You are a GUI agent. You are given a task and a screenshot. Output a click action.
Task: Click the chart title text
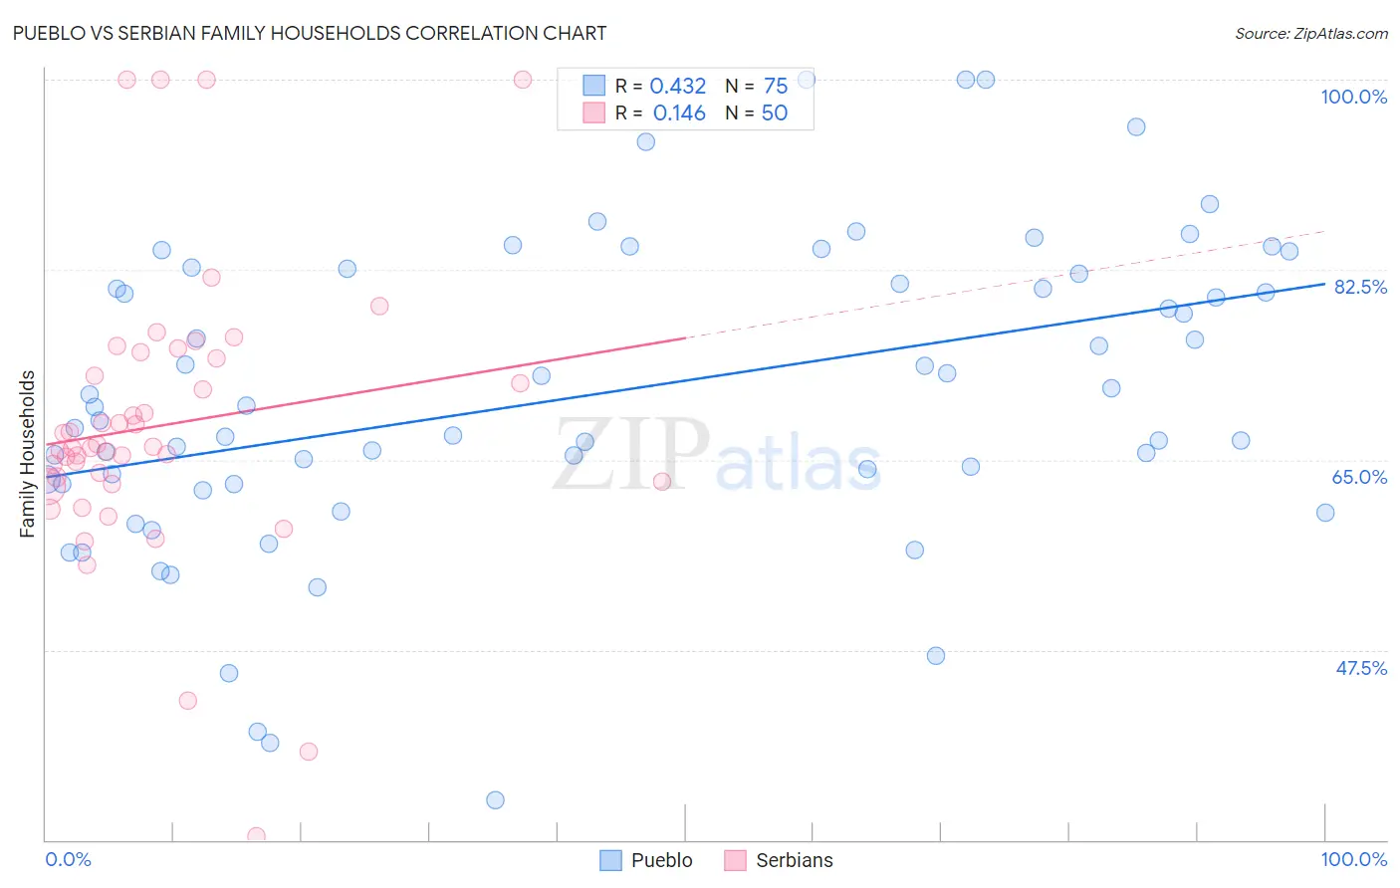[x=308, y=33]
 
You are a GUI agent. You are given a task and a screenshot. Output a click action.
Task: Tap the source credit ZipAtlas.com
[x=1310, y=33]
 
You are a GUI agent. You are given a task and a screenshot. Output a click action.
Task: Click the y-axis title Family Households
[x=27, y=454]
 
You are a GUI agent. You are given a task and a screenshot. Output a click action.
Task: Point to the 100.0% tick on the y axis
[x=1353, y=97]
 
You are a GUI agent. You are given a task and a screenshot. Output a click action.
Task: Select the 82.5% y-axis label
[x=1360, y=287]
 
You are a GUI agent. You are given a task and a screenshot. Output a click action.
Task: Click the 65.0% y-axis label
[x=1359, y=477]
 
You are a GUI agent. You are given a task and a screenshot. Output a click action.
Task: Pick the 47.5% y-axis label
[x=1360, y=668]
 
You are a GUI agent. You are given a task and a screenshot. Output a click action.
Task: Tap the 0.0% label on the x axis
[x=68, y=859]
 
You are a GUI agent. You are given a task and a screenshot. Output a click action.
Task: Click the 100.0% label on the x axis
[x=1353, y=859]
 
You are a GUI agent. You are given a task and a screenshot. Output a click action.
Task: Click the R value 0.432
[x=677, y=87]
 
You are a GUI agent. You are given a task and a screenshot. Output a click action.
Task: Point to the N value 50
[x=774, y=113]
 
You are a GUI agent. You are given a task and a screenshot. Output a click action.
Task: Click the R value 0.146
[x=679, y=113]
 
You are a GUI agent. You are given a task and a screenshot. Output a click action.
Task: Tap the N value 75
[x=775, y=87]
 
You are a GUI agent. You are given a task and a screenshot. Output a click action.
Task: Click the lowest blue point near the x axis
[x=495, y=800]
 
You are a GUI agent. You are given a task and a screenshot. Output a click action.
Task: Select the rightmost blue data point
[x=1325, y=513]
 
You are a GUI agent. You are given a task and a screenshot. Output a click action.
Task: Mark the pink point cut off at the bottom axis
[x=256, y=836]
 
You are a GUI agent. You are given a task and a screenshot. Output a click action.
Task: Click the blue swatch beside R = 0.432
[x=593, y=86]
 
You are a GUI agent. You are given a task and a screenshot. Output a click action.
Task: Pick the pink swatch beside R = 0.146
[x=593, y=112]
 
